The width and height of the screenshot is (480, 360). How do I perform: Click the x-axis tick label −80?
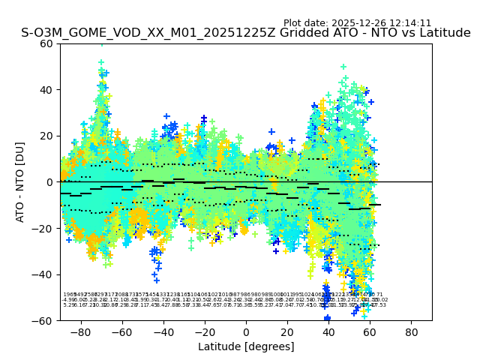point(80,331)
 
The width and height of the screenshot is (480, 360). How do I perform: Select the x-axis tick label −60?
point(121,331)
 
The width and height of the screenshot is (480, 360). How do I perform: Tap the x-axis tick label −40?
point(163,331)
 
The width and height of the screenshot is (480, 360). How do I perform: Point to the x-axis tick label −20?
point(204,331)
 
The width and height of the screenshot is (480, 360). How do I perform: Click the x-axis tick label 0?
point(246,331)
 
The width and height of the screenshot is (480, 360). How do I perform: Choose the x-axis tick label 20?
point(287,331)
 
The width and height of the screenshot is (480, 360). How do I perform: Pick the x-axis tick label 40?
point(328,331)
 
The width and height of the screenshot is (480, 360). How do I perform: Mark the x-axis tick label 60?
point(370,331)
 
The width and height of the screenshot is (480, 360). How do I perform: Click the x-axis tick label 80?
point(412,331)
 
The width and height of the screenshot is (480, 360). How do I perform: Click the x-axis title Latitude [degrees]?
point(246,346)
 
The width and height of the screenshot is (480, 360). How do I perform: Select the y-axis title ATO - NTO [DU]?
point(20,182)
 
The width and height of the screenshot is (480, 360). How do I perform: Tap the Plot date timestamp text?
point(357,23)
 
